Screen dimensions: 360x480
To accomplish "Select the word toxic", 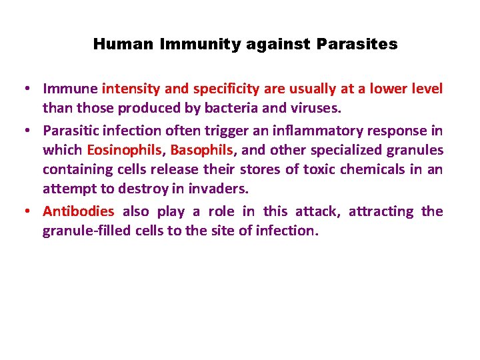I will pos(315,169).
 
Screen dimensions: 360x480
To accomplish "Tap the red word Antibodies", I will pos(79,212).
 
